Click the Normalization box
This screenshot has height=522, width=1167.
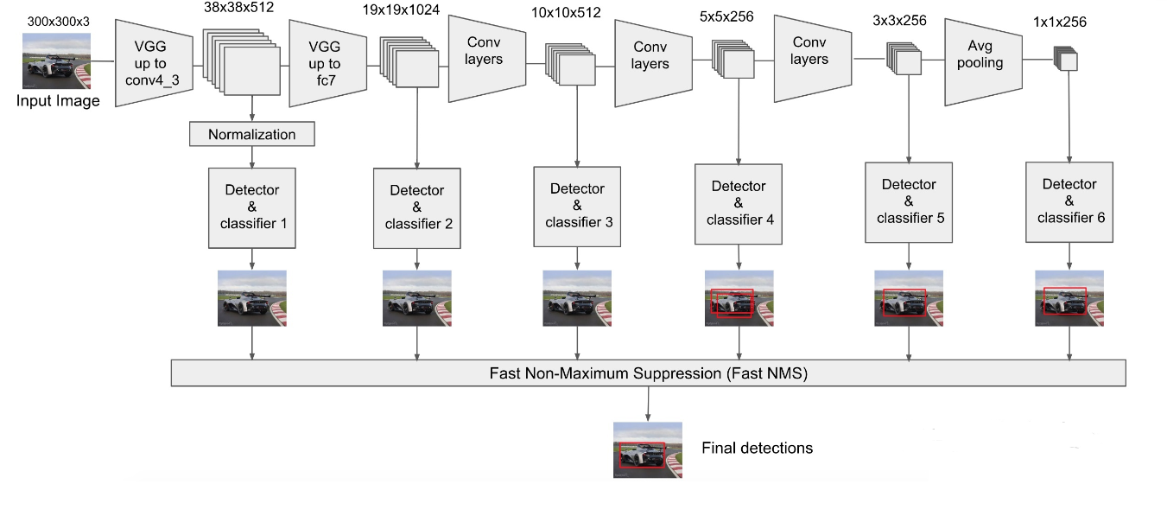tap(251, 134)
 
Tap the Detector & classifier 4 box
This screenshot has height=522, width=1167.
tap(739, 202)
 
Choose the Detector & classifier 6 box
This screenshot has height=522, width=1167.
tap(1070, 201)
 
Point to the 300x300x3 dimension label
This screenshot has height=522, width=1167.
tap(57, 21)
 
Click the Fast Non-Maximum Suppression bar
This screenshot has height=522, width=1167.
tap(648, 373)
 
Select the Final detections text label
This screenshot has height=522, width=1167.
tap(757, 448)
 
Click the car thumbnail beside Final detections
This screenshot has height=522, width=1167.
tap(648, 449)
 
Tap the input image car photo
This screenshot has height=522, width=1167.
tap(57, 60)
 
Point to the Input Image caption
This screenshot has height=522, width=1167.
tap(58, 100)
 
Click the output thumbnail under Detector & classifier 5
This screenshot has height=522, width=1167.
tap(909, 298)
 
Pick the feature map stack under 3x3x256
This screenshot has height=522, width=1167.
tap(904, 60)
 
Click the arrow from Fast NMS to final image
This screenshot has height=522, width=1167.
tap(648, 404)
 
